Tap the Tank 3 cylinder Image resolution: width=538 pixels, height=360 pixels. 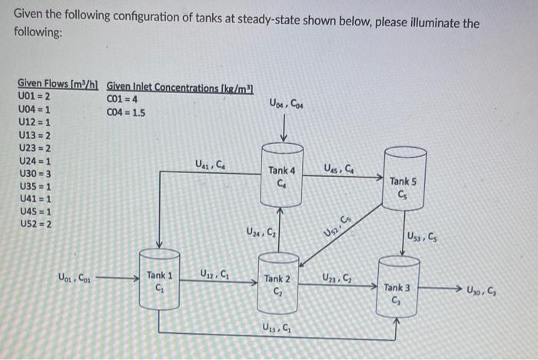398,289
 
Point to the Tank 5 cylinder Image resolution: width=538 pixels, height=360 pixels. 403,180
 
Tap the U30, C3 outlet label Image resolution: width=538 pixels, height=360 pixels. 483,289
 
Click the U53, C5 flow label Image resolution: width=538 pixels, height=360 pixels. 423,235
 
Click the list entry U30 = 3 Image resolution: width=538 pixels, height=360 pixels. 34,174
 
